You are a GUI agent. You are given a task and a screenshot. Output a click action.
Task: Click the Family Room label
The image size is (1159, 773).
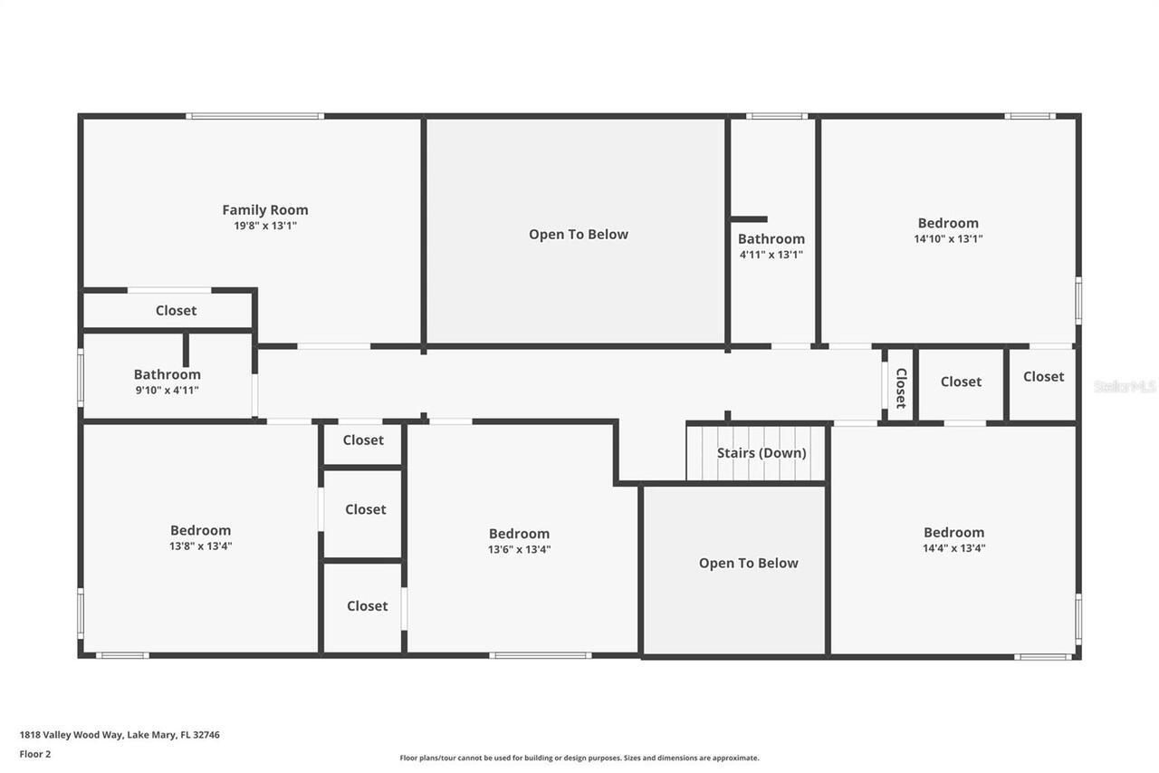click(x=265, y=210)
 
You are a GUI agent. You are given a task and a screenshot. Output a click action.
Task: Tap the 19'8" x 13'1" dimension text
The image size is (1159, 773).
click(x=265, y=227)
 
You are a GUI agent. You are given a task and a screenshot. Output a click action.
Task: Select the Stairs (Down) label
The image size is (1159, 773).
click(x=761, y=453)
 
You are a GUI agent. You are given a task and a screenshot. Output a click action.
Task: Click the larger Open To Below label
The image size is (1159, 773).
click(x=579, y=235)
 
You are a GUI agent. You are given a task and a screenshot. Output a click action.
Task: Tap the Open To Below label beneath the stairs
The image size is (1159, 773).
click(x=748, y=564)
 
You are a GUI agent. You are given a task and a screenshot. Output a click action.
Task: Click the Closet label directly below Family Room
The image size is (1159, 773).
click(x=176, y=311)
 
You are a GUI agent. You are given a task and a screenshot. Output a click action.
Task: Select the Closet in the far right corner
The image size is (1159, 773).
click(x=1043, y=377)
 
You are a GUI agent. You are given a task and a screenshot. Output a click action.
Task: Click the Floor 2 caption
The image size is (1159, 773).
click(x=35, y=754)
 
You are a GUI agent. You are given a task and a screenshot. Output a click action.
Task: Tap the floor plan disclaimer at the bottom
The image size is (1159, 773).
click(x=579, y=758)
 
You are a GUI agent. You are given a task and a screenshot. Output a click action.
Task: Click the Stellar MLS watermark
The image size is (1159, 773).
click(x=1125, y=386)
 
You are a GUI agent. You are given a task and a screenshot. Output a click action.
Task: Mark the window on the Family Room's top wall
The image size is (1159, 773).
click(x=255, y=116)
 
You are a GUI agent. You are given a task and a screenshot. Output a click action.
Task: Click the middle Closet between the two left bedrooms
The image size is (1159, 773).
click(x=365, y=510)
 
